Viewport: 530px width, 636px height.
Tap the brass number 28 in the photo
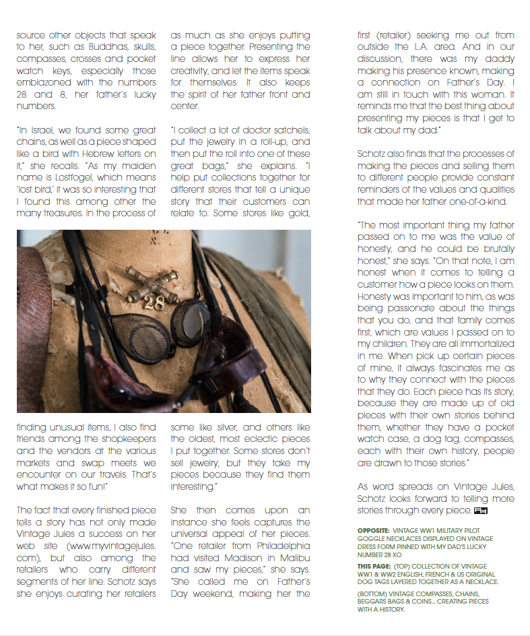pyautogui.click(x=154, y=304)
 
